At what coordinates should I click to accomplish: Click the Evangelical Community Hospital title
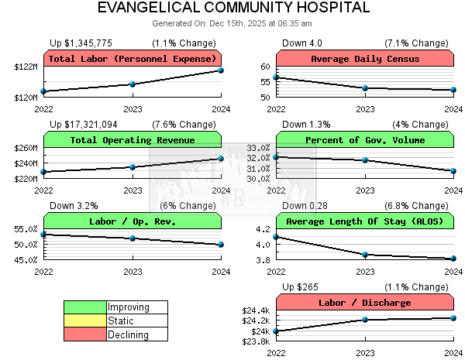coord(233,9)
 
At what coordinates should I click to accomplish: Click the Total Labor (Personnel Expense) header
coord(133,59)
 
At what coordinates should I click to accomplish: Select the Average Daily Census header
coord(365,59)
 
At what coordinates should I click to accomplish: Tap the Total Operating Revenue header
coord(133,140)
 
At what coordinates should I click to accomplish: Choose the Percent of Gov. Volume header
coord(365,140)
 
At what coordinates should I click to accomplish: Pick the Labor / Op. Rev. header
coord(133,221)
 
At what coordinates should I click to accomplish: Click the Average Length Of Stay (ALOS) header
coord(365,221)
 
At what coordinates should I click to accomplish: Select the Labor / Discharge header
coord(365,303)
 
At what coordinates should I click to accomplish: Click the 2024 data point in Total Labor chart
coord(221,70)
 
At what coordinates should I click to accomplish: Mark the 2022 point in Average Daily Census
coord(277,77)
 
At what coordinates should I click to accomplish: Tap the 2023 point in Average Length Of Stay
coord(365,254)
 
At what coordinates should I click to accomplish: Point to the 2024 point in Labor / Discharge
coord(453,317)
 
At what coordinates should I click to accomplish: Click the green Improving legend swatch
coord(85,307)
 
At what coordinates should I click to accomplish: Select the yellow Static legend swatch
coord(85,321)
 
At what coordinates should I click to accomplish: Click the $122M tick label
coord(25,67)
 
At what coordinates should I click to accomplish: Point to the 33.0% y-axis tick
coord(257,148)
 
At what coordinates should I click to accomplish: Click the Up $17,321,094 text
coord(84,125)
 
